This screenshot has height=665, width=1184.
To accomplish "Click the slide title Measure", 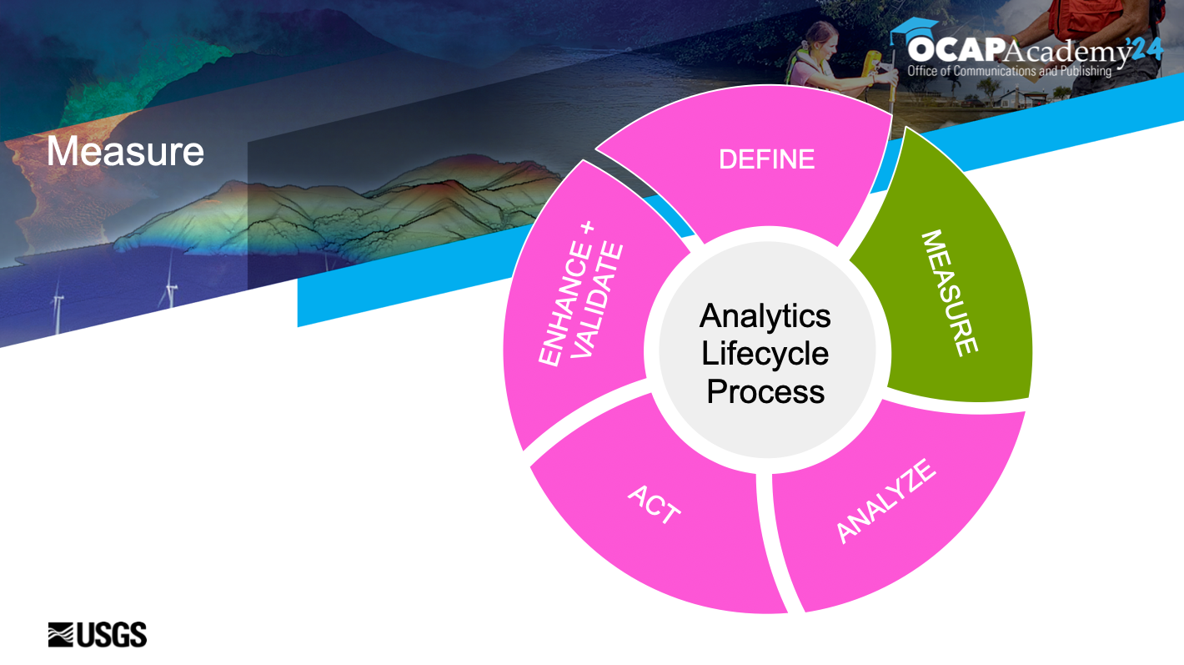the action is [125, 152].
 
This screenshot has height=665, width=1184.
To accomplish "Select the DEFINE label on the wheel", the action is [766, 159].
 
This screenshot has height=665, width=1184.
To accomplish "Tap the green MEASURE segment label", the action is [949, 293].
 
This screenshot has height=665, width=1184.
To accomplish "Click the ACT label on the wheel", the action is [654, 504].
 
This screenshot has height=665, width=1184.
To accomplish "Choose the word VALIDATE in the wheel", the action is [598, 300].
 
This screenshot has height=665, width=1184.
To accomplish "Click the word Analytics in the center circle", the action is [765, 316].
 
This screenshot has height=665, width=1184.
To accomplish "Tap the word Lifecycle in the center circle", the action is [765, 354].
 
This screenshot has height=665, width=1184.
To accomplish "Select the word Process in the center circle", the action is [765, 391].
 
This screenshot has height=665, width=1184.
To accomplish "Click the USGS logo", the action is [98, 635].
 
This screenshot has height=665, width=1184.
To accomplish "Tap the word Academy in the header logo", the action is [1066, 52].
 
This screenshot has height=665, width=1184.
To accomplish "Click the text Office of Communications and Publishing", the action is [1009, 71].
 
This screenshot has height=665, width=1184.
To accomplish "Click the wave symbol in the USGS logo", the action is [62, 635].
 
